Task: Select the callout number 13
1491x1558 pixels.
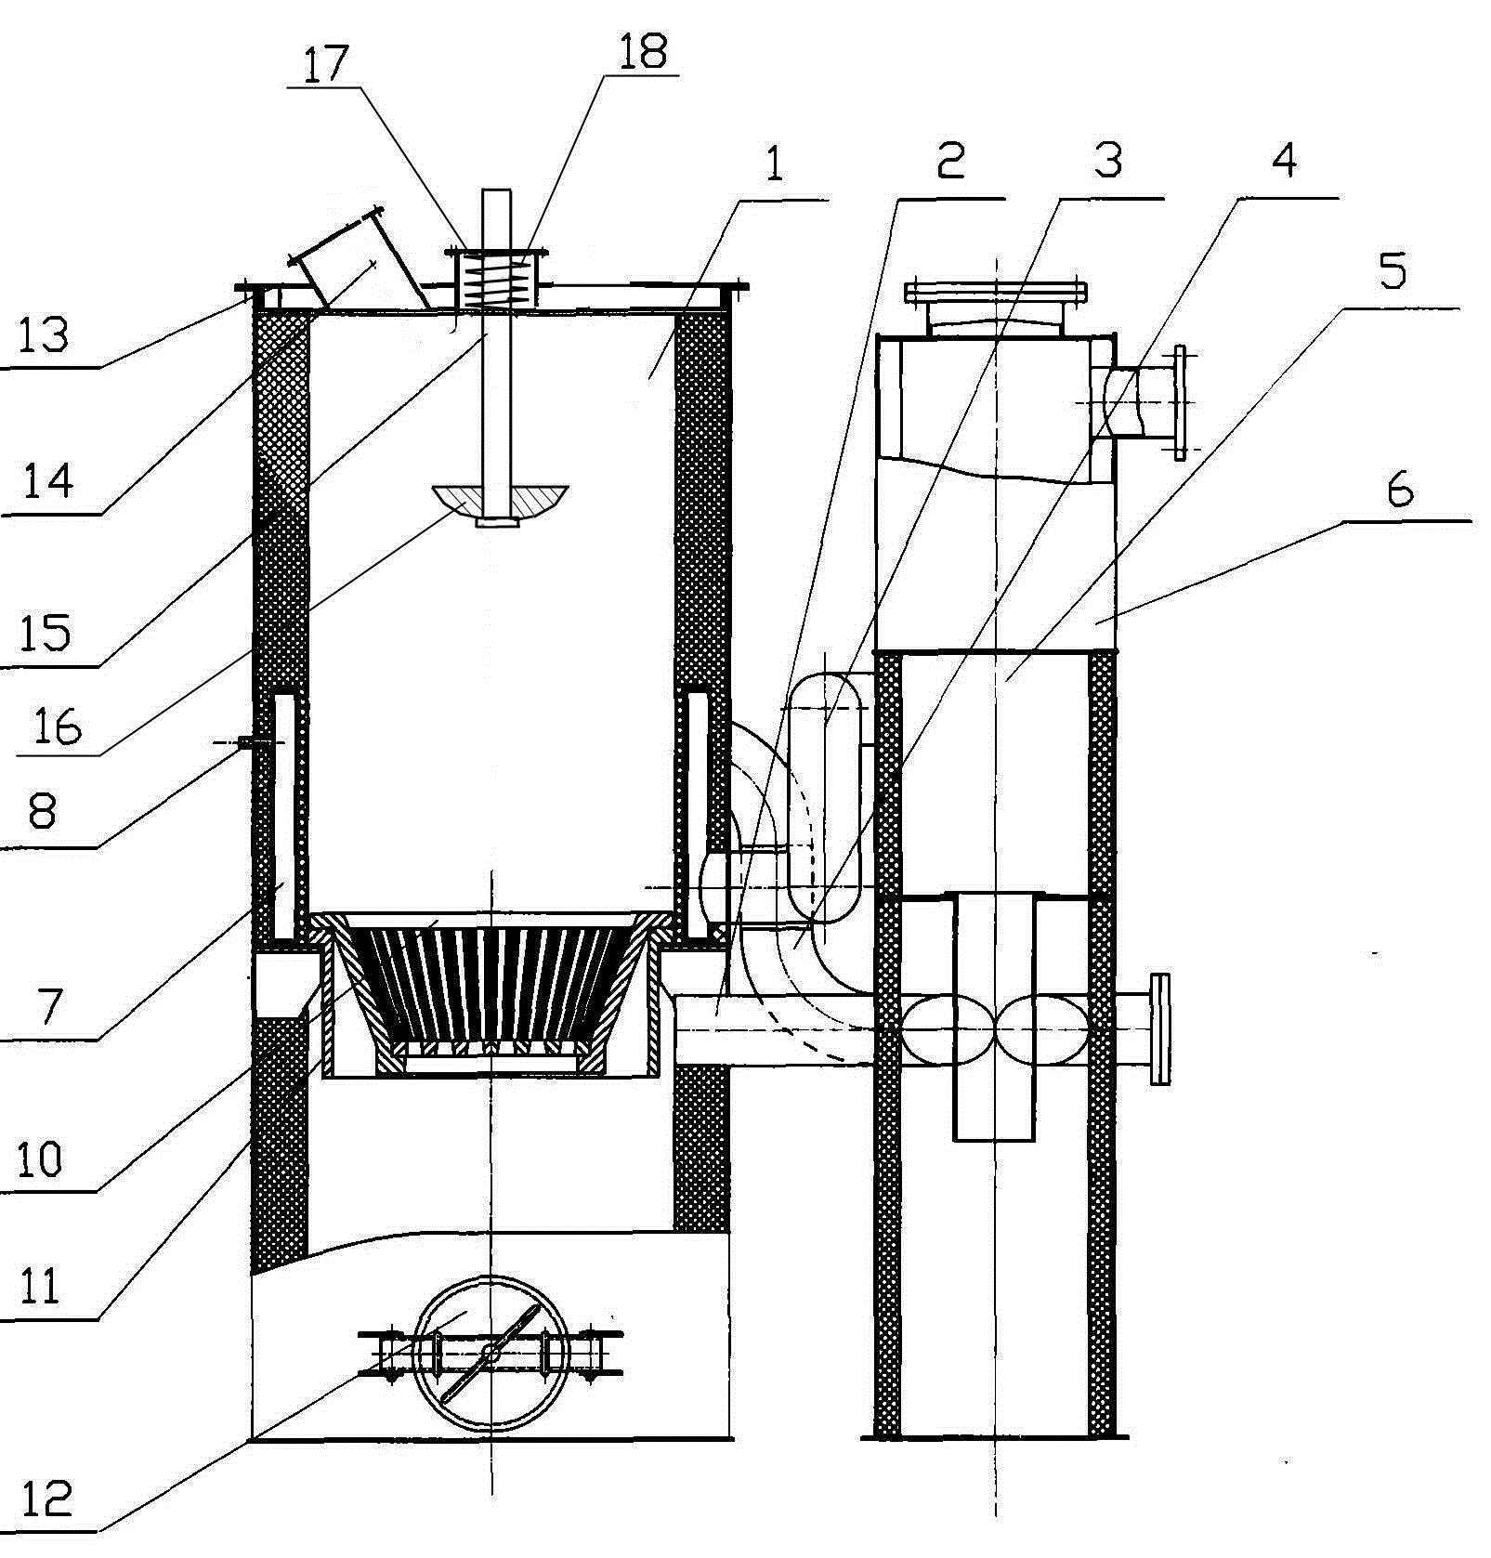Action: pos(44,334)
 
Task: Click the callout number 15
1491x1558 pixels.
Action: pos(46,634)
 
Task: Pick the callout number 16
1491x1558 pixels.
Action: pos(57,726)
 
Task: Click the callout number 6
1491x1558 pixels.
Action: pos(1400,490)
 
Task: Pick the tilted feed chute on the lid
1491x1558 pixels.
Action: pos(358,263)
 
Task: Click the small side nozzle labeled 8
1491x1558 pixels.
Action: pos(246,741)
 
